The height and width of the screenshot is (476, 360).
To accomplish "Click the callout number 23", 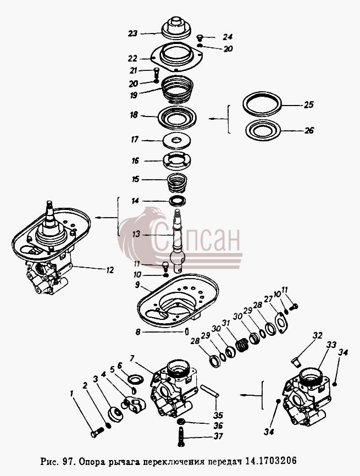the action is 132,33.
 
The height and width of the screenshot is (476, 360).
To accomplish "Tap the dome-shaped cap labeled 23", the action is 176,28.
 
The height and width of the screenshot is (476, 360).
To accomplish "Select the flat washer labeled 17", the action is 176,141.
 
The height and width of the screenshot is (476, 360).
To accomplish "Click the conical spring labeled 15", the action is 176,182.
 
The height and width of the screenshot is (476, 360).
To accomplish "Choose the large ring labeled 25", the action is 262,103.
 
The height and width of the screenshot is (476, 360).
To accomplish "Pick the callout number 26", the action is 309,130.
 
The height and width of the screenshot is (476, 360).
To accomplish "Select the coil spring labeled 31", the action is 242,345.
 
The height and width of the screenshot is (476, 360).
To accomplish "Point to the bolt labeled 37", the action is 181,436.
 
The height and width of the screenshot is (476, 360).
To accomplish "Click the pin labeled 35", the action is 209,391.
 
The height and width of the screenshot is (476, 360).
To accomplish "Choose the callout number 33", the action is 331,345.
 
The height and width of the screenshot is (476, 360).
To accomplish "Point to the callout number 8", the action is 138,332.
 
